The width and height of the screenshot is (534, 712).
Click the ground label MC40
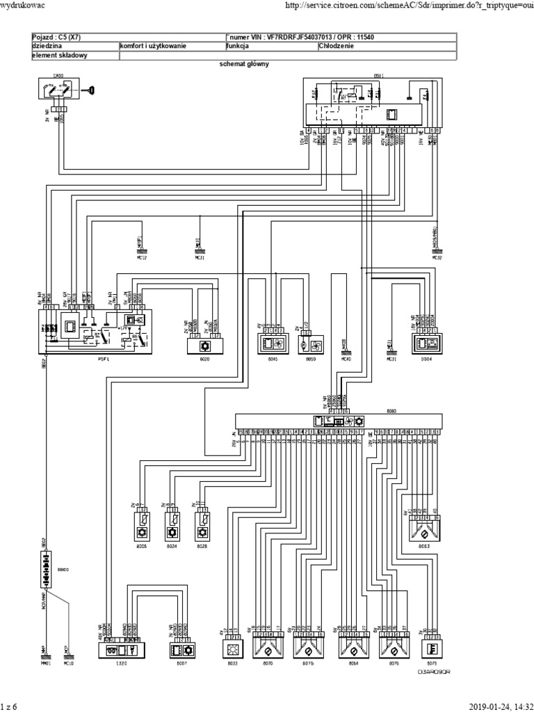(346, 359)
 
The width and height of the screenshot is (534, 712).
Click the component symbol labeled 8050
(308, 343)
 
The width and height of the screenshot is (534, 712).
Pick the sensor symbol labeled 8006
(143, 533)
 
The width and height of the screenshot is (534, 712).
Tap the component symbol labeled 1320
(122, 650)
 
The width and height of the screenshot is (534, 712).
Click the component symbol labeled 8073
(431, 650)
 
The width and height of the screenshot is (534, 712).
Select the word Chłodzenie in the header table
(337, 47)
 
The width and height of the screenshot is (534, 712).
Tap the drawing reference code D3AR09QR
(435, 672)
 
